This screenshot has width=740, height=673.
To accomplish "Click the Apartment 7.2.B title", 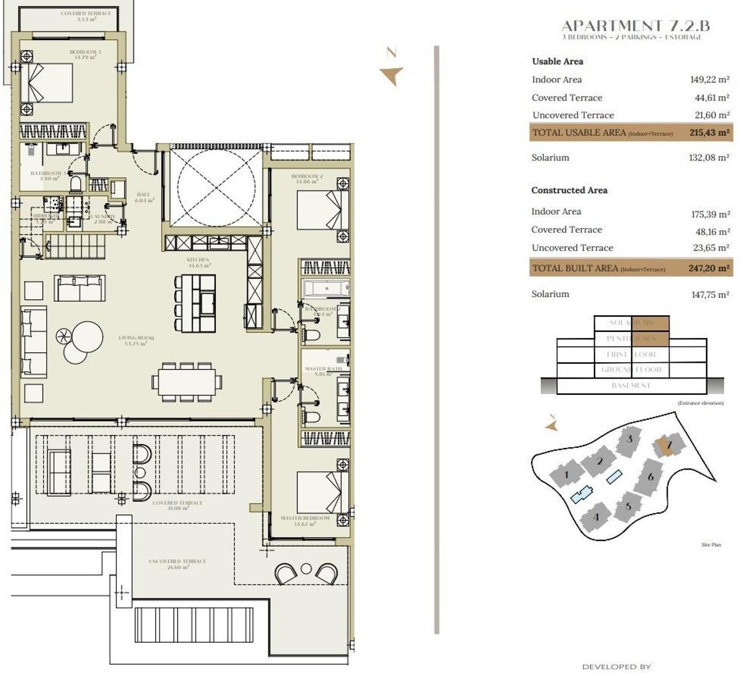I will (x=635, y=25).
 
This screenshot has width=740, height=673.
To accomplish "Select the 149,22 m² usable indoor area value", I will (x=710, y=80).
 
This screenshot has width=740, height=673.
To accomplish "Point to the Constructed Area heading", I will (x=569, y=191).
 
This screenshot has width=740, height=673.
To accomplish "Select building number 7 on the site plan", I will (x=669, y=445).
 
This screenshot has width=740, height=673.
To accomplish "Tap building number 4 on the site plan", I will (x=596, y=516).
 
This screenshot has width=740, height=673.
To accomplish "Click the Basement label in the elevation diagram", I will (x=631, y=386).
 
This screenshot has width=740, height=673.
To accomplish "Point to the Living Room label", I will (x=136, y=341).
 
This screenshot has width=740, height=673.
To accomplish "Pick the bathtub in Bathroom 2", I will (x=325, y=288).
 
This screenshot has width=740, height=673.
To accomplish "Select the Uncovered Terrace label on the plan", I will (x=177, y=564).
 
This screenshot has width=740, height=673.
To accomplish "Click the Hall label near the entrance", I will (x=144, y=197).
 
